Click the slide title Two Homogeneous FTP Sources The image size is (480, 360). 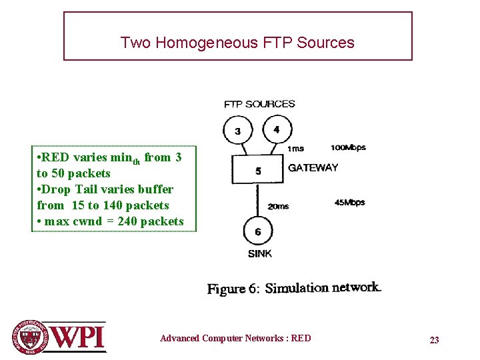[x=237, y=43]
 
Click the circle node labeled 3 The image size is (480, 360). [x=237, y=130]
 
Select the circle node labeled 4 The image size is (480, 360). [x=276, y=129]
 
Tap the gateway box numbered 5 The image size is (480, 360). [x=257, y=171]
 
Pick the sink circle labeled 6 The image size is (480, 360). [x=257, y=231]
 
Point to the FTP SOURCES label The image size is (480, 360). [x=259, y=104]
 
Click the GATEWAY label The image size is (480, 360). [x=313, y=168]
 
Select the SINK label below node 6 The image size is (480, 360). [x=259, y=253]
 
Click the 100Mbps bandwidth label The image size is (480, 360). [x=348, y=147]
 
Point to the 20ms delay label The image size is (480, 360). [x=278, y=207]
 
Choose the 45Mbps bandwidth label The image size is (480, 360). [x=349, y=202]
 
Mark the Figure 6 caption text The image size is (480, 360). [x=294, y=289]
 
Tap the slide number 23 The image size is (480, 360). [x=434, y=340]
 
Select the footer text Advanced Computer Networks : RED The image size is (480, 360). [x=235, y=338]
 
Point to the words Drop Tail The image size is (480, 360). [x=67, y=189]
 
